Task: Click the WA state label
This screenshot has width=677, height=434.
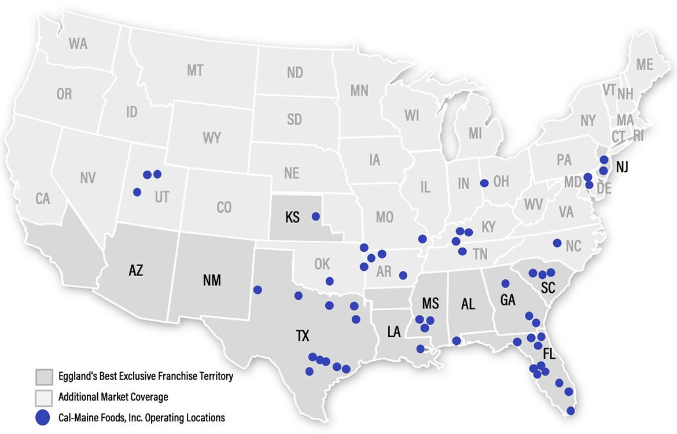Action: point(78,43)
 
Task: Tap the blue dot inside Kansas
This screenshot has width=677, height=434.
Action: point(315,216)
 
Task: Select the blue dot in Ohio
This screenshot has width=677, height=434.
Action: point(484,183)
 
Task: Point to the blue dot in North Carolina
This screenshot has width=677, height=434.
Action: point(557,243)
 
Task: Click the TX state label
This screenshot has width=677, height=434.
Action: point(303,336)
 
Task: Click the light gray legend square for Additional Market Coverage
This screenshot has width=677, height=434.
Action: point(43,398)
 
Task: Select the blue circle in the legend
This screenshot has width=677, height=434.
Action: point(43,417)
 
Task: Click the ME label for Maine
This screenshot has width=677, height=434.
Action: point(645,65)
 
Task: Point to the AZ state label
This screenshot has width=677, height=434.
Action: point(136,270)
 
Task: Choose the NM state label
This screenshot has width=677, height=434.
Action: point(212,281)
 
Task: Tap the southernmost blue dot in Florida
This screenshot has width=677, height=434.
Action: point(571,411)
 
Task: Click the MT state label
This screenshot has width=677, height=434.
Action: point(195,71)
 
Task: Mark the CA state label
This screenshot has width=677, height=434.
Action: point(43,199)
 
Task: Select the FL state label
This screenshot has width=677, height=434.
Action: point(549,355)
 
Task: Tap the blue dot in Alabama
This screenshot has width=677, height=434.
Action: point(457,341)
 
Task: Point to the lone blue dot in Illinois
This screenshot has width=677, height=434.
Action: point(422,239)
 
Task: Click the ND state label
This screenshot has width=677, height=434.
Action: point(295,72)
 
